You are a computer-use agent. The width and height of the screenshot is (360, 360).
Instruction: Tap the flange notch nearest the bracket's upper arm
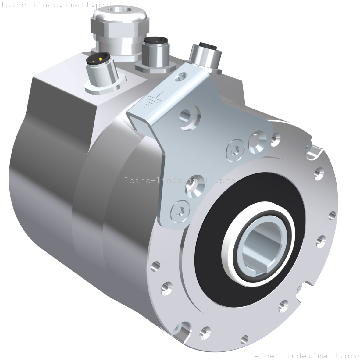point(312,151)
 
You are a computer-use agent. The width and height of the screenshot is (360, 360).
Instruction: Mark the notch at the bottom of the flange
point(182,331)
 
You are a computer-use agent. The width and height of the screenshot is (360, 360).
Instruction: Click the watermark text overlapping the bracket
point(180,180)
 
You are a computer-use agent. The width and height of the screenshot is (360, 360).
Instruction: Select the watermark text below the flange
point(304,355)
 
